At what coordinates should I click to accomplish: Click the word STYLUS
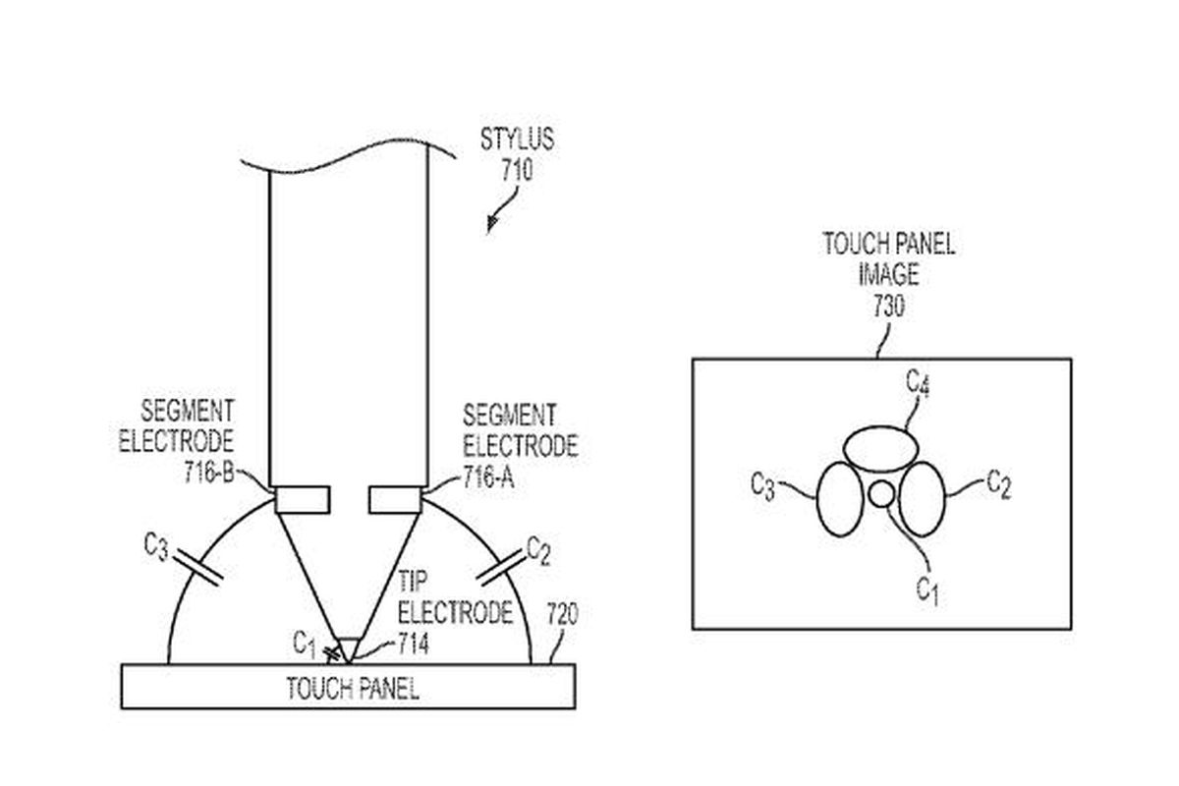pyautogui.click(x=517, y=140)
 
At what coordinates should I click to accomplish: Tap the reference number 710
pyautogui.click(x=517, y=170)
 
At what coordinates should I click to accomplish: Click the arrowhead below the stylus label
pyautogui.click(x=491, y=224)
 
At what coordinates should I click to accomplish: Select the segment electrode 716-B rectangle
pyautogui.click(x=303, y=500)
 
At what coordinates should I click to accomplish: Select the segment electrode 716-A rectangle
pyautogui.click(x=395, y=500)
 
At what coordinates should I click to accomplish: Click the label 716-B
pyautogui.click(x=209, y=473)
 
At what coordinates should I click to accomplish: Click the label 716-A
pyautogui.click(x=488, y=477)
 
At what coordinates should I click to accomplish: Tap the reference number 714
pyautogui.click(x=414, y=644)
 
